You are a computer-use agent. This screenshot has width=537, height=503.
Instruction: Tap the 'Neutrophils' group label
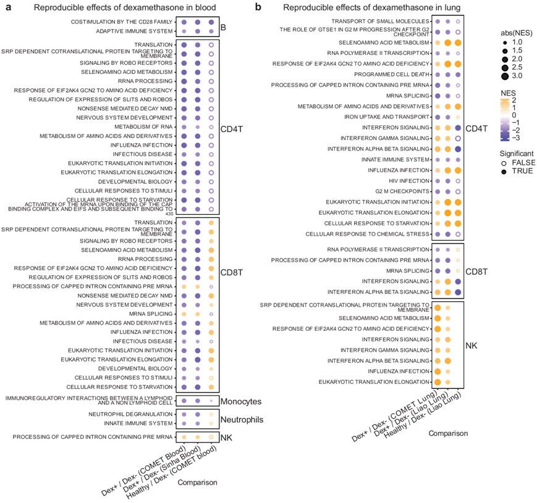point(243,420)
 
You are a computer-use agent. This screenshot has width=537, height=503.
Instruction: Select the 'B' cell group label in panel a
point(223,27)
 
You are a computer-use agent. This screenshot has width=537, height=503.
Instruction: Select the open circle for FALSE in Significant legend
point(506,162)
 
